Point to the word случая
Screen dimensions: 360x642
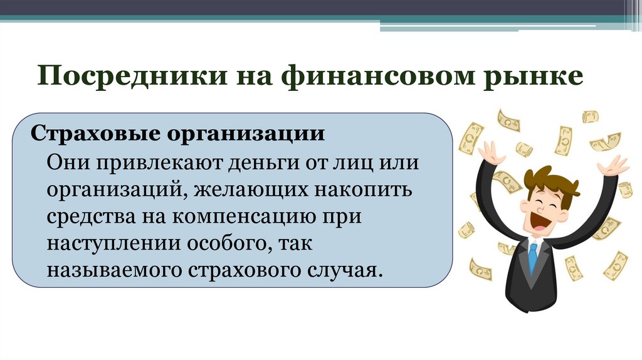(x=345, y=270)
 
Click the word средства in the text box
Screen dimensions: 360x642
(x=88, y=216)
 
